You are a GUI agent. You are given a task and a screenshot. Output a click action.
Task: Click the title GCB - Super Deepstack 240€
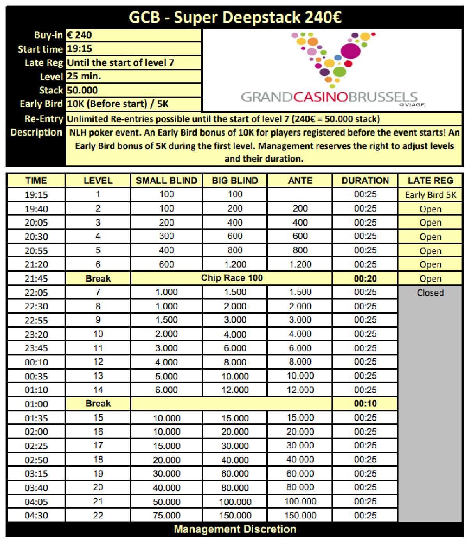[235, 17]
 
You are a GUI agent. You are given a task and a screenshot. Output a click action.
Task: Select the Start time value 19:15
[80, 49]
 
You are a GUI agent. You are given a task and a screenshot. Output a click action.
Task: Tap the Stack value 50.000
[82, 90]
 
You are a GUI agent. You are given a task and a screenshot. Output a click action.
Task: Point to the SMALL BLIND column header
[167, 181]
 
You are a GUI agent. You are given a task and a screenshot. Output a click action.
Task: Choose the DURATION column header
[365, 181]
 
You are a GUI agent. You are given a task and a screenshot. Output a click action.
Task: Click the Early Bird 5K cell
[430, 195]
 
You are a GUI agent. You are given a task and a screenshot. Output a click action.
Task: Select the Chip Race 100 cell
[232, 278]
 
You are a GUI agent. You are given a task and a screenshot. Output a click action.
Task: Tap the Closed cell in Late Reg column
[430, 293]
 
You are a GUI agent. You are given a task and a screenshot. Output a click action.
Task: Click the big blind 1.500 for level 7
[235, 292]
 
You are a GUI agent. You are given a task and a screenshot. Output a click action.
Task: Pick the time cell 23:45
[36, 348]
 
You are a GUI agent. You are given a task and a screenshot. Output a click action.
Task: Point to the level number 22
[98, 515]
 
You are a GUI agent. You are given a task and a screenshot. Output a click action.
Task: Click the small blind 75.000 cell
[167, 515]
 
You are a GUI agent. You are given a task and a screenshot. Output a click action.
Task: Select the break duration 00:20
[365, 279]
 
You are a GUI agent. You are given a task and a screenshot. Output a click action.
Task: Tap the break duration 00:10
[365, 404]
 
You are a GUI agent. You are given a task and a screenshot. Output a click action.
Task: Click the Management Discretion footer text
[235, 529]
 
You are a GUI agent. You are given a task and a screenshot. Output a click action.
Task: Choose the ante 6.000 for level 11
[300, 348]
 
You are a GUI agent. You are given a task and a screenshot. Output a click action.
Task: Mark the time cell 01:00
[36, 404]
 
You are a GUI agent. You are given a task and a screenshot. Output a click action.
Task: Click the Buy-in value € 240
[79, 35]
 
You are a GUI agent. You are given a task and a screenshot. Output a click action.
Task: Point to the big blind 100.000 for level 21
[235, 502]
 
